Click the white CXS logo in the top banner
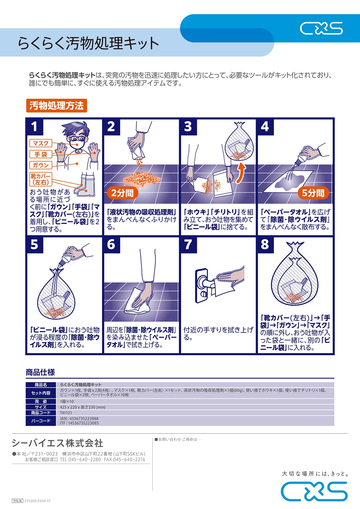[321, 28]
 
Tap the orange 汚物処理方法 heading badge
[57, 106]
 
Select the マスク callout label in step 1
[41, 143]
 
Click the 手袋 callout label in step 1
[41, 154]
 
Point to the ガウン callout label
[41, 165]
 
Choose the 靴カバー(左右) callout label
[41, 179]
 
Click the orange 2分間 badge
[122, 193]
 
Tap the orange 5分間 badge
[313, 193]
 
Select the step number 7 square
[189, 245]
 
